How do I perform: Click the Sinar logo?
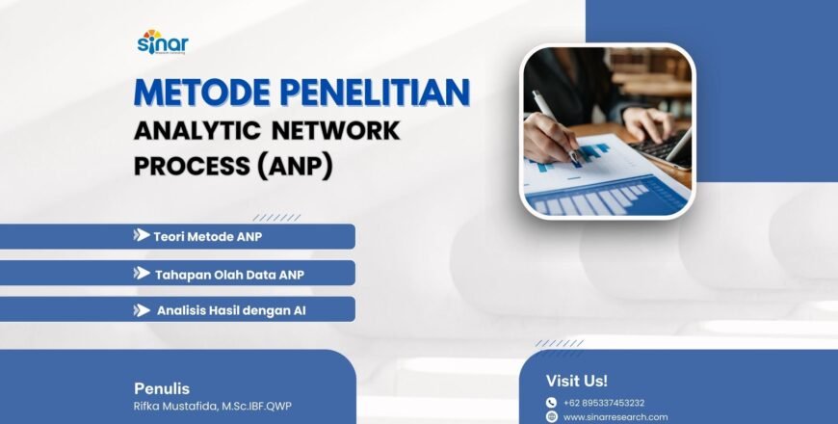(163, 43)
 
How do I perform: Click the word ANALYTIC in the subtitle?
(197, 129)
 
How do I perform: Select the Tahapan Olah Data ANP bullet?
(229, 274)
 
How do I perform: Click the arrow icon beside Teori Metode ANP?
(141, 235)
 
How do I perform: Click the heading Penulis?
(155, 387)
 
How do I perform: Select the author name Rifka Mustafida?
(212, 406)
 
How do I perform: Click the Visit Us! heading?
(577, 381)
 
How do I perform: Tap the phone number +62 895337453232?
(604, 403)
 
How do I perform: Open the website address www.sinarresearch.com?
(615, 417)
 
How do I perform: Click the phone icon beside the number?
(551, 403)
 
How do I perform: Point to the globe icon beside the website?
(551, 417)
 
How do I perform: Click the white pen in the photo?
(553, 121)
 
